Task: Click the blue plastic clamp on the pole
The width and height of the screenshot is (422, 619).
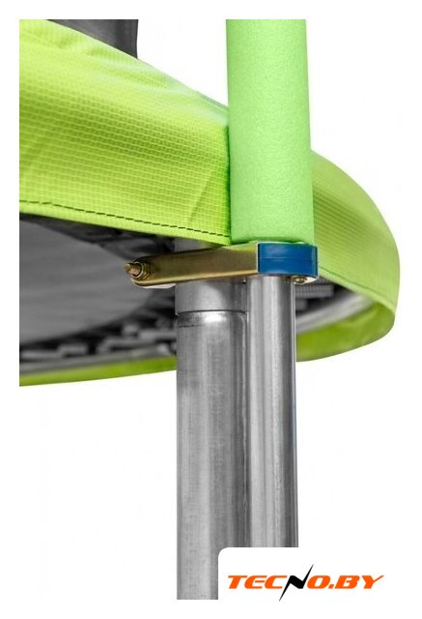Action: point(288,259)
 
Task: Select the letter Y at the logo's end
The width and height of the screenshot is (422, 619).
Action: point(372,582)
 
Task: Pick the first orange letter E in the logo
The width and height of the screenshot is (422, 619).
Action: point(256,582)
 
